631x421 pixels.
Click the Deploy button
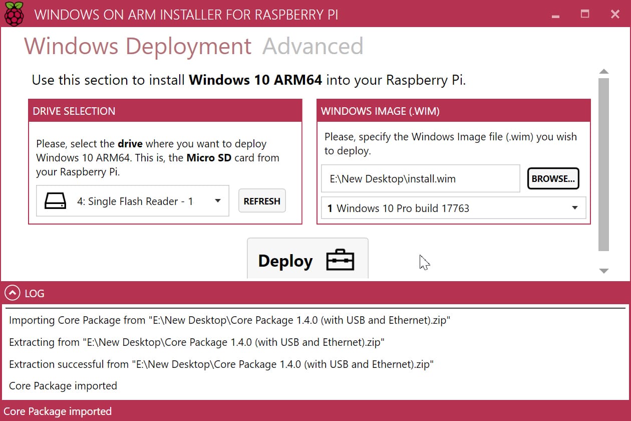tap(307, 258)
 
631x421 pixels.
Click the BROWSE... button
tap(553, 178)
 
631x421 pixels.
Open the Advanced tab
tap(312, 46)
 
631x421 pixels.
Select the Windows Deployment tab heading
tap(137, 47)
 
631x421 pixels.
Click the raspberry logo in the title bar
tap(14, 14)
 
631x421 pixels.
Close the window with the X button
tap(615, 14)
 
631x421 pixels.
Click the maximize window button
tap(585, 14)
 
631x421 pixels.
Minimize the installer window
tap(555, 17)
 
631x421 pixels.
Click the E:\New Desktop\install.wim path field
tap(421, 178)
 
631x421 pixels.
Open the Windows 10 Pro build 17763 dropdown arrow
tap(575, 208)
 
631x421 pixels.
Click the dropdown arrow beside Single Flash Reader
tap(217, 201)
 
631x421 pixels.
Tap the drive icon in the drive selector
tap(55, 201)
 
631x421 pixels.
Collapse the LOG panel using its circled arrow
tap(13, 293)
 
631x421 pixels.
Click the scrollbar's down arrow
tap(603, 271)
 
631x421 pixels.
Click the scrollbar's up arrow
tap(603, 71)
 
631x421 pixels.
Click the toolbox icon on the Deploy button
tap(340, 260)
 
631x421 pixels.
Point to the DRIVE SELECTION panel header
tap(165, 111)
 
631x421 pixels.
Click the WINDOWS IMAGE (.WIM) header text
tap(380, 111)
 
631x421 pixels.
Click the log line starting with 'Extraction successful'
tap(221, 364)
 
